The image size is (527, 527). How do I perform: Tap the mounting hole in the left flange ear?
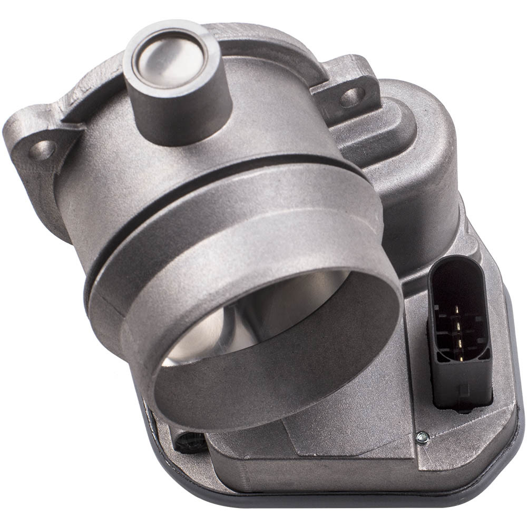(x=43, y=149)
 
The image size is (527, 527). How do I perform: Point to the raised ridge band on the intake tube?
(x=237, y=211)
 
